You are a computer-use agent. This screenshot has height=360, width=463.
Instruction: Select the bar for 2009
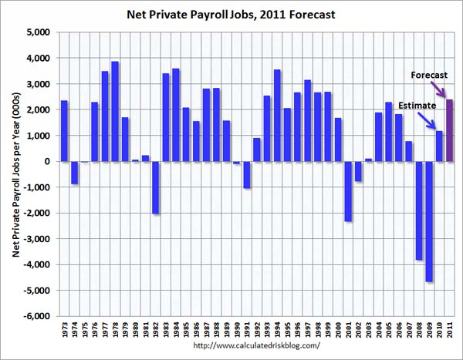[428, 221]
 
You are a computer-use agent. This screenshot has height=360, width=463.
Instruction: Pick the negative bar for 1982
[155, 187]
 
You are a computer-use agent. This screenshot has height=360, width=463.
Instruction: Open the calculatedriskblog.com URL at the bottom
[255, 345]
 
